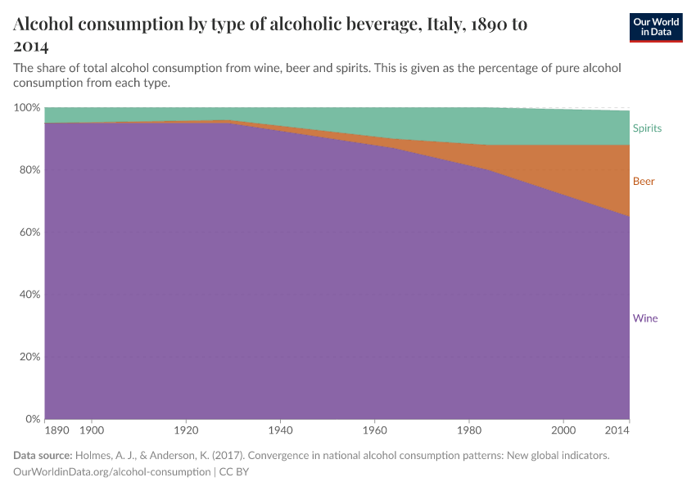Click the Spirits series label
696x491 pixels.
click(647, 128)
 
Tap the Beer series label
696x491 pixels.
click(644, 181)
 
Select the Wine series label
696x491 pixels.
click(644, 318)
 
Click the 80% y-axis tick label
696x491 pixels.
click(29, 170)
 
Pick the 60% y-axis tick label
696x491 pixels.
click(29, 232)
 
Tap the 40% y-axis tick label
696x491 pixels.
click(29, 295)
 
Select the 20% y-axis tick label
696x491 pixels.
click(29, 358)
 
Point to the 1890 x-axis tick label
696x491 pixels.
click(56, 430)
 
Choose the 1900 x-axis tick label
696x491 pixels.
click(92, 430)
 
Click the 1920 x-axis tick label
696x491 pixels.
click(186, 430)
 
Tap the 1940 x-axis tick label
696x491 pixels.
click(280, 430)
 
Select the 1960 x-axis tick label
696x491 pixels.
click(374, 430)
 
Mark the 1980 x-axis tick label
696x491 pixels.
click(468, 430)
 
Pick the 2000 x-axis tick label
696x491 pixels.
click(563, 430)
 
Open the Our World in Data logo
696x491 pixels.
click(656, 27)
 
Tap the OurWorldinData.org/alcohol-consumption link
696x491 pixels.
click(112, 472)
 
